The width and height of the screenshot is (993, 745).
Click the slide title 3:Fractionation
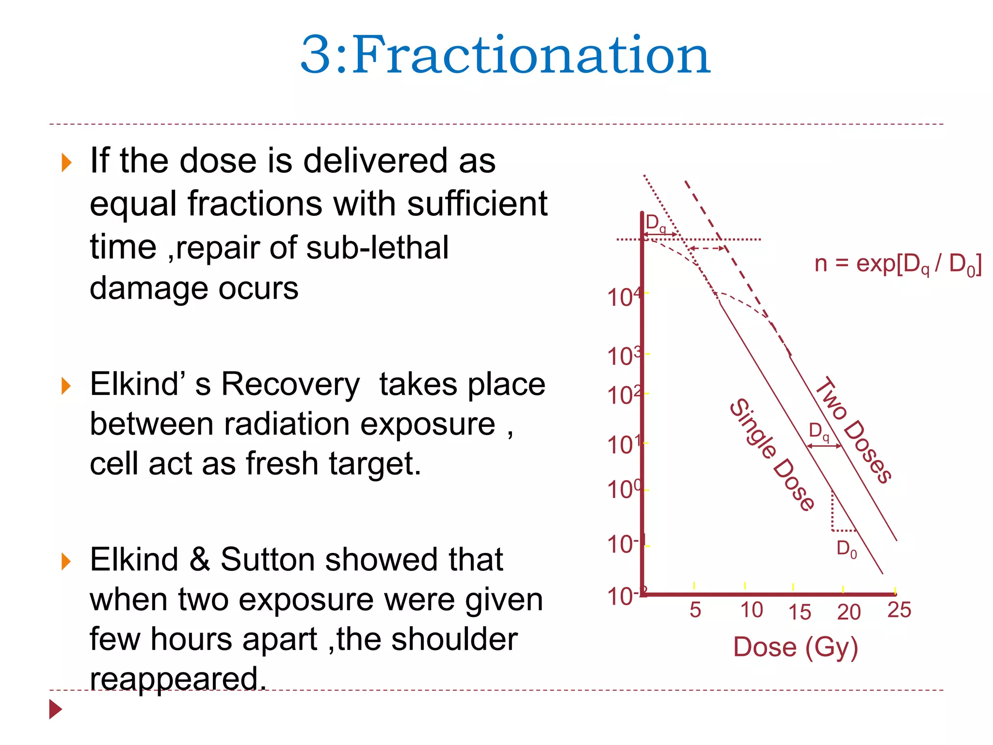(x=505, y=54)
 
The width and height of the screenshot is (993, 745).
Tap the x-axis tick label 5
(x=695, y=610)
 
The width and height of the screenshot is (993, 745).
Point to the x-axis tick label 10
(x=752, y=610)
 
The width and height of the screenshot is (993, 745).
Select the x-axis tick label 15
(x=800, y=612)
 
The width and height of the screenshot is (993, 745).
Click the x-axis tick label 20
(x=849, y=612)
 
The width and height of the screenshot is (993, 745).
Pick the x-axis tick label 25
(x=899, y=610)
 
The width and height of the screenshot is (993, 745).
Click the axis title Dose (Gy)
(x=796, y=647)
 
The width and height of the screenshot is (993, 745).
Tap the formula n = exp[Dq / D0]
(x=898, y=265)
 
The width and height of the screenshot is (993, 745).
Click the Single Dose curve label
(x=772, y=455)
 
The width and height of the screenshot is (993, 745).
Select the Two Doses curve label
(x=854, y=430)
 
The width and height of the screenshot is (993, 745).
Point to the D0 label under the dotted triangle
(x=847, y=549)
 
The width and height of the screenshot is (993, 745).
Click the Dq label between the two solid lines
(x=819, y=431)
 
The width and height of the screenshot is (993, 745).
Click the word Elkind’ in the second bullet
(x=139, y=384)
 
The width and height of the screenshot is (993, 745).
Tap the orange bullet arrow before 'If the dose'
(x=67, y=162)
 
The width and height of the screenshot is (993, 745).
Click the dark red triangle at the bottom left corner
(x=55, y=709)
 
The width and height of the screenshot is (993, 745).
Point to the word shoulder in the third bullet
(x=454, y=639)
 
